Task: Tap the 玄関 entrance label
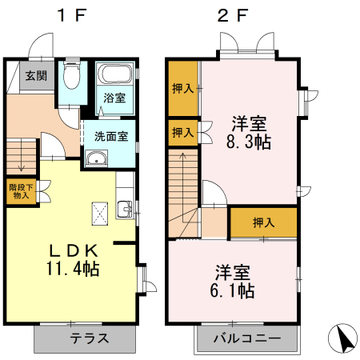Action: click(34, 77)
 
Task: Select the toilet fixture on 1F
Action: click(70, 77)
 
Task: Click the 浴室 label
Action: click(114, 98)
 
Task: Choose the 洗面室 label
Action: click(110, 135)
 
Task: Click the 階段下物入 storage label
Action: click(20, 191)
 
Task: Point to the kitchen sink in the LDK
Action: click(125, 210)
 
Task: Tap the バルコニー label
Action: click(247, 338)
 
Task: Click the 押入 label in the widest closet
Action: click(263, 222)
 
